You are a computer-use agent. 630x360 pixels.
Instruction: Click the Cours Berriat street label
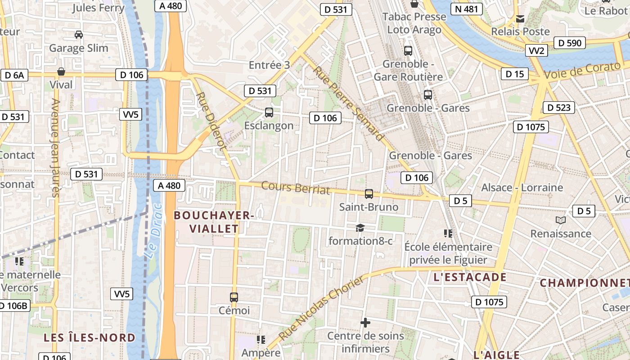click(295, 188)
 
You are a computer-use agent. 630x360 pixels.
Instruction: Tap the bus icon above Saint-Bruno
click(369, 194)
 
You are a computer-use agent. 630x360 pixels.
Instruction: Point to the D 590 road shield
click(570, 43)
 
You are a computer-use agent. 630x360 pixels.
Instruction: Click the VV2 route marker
click(536, 50)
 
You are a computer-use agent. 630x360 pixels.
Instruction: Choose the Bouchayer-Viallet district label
click(214, 222)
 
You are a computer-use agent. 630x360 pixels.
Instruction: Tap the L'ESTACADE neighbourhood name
click(470, 277)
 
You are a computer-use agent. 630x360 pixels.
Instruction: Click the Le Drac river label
click(153, 230)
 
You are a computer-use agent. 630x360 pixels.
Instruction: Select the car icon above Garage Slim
click(79, 35)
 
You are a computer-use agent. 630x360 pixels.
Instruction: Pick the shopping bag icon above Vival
click(61, 72)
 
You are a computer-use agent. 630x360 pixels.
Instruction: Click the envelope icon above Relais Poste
click(520, 19)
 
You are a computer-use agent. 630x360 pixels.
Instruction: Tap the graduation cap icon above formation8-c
click(360, 228)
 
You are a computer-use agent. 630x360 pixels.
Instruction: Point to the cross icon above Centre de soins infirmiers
click(365, 323)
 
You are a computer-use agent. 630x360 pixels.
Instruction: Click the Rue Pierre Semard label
click(349, 103)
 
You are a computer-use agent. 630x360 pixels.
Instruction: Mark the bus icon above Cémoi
click(234, 297)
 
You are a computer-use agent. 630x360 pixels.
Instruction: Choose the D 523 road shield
click(559, 108)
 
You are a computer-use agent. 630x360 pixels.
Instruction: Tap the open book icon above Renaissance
click(560, 220)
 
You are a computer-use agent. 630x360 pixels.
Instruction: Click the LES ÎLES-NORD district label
click(89, 337)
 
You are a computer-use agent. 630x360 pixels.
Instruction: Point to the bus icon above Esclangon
click(269, 112)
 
